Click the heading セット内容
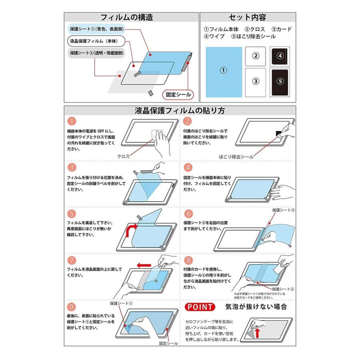(248, 17)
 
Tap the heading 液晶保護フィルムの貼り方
(180, 110)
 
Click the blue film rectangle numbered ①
(224, 72)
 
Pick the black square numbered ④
(280, 56)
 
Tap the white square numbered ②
(255, 56)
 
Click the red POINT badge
(200, 307)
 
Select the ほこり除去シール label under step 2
(236, 157)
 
